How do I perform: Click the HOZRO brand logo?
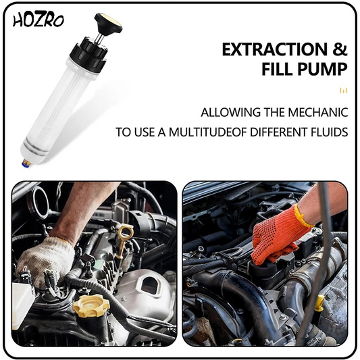coord(38,21)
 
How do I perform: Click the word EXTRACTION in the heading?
coord(274,49)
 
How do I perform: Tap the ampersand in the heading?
coord(340,49)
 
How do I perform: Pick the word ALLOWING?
coord(230,112)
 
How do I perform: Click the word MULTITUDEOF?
coord(209,132)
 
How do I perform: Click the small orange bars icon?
coord(344,91)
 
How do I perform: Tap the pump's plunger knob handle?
coord(109,22)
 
